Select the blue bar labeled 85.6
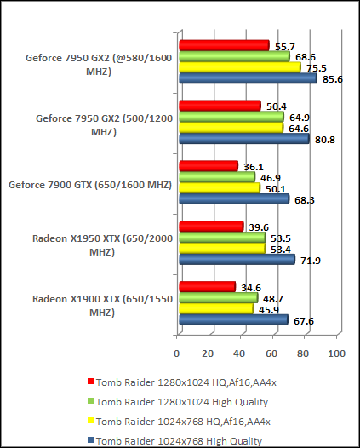click(247, 78)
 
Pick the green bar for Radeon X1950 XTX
click(222, 238)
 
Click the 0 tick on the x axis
click(177, 353)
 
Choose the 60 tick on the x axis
click(272, 353)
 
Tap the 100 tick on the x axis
click(335, 353)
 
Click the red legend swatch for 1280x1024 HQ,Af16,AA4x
click(90, 382)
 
